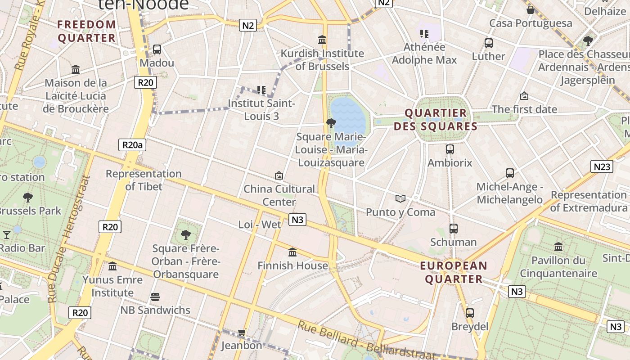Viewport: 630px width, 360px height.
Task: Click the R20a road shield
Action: pyautogui.click(x=132, y=145)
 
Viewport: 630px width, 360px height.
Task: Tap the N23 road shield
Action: pyautogui.click(x=602, y=167)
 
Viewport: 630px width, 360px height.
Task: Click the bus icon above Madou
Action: pyautogui.click(x=157, y=49)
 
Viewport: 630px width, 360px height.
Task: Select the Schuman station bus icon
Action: pyautogui.click(x=453, y=229)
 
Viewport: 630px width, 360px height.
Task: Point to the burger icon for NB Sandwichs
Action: pyautogui.click(x=155, y=297)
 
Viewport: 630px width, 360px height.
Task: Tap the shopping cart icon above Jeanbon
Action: pyautogui.click(x=242, y=333)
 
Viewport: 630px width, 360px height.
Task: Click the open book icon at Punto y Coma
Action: pyautogui.click(x=400, y=198)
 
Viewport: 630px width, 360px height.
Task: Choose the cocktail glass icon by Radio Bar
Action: pyautogui.click(x=7, y=234)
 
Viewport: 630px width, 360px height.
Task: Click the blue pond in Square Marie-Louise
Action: pyautogui.click(x=348, y=116)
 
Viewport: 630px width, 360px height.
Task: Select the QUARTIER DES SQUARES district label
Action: pyautogui.click(x=435, y=120)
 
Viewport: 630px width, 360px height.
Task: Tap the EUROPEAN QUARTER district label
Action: pyautogui.click(x=454, y=272)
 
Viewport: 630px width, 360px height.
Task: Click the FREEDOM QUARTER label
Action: pyautogui.click(x=87, y=31)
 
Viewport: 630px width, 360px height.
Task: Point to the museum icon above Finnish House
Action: pyautogui.click(x=292, y=252)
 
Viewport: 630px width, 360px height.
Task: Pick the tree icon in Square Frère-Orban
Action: pyautogui.click(x=185, y=234)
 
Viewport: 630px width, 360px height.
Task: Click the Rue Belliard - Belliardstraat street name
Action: pyautogui.click(x=367, y=342)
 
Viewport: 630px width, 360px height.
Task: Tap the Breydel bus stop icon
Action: pyautogui.click(x=469, y=313)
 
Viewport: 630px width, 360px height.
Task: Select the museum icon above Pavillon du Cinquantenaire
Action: pyautogui.click(x=558, y=247)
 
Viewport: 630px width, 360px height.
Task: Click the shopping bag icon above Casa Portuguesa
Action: pyautogui.click(x=530, y=9)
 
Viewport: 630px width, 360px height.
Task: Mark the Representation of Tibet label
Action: pyautogui.click(x=144, y=180)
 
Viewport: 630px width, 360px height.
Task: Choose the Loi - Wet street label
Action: pyautogui.click(x=260, y=224)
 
